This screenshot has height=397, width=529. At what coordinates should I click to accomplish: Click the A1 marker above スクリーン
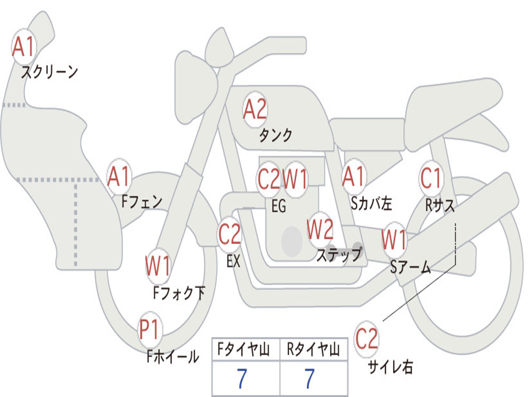click(x=24, y=47)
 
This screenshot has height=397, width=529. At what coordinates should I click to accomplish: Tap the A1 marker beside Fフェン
click(x=119, y=176)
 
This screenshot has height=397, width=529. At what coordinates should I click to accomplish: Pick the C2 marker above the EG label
click(x=269, y=178)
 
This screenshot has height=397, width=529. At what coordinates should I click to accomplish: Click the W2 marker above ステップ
click(x=320, y=230)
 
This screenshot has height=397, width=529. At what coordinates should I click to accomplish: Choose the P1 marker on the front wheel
click(x=149, y=329)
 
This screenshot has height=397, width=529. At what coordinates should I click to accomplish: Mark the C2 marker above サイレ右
click(x=366, y=339)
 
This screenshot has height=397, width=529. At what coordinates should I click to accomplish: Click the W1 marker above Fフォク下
click(x=158, y=266)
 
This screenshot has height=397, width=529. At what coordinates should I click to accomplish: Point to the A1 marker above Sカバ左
click(x=354, y=176)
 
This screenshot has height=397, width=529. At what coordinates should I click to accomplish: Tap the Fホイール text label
click(x=173, y=357)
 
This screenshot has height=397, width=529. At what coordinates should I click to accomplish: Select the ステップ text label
click(x=339, y=254)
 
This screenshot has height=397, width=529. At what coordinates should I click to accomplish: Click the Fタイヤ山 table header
click(x=244, y=349)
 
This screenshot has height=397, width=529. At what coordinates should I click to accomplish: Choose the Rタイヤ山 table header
click(x=314, y=349)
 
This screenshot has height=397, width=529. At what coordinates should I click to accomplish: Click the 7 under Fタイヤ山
click(x=242, y=378)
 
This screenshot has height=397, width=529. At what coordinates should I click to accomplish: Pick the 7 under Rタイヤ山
click(x=310, y=378)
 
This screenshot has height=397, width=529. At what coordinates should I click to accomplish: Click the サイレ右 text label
click(x=391, y=367)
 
